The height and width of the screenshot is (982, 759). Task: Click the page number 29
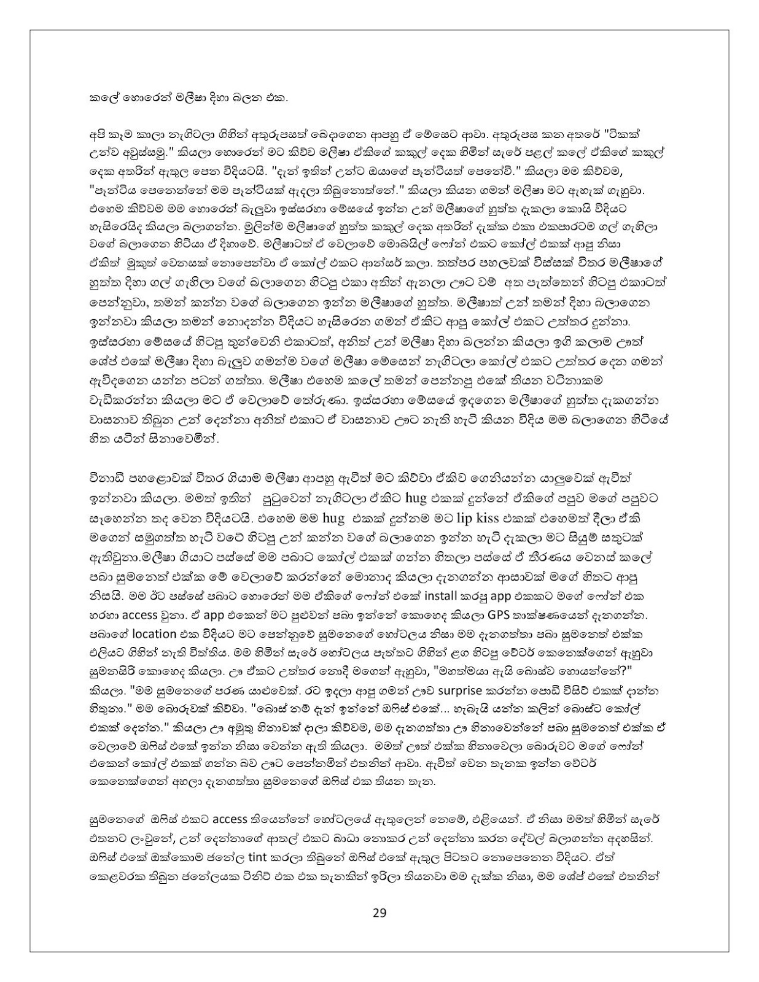tap(379, 913)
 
